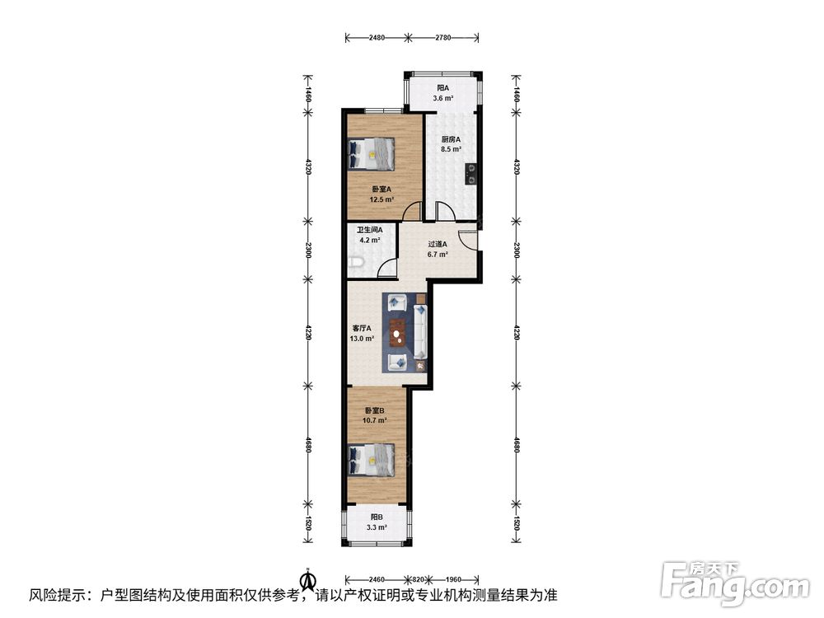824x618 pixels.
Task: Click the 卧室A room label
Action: (x=382, y=190)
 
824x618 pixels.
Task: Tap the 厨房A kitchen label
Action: (x=451, y=139)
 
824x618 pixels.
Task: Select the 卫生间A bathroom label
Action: (x=369, y=230)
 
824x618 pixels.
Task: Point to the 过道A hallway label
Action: (x=438, y=245)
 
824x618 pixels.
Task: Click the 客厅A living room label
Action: (x=362, y=329)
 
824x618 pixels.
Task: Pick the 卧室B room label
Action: (x=375, y=410)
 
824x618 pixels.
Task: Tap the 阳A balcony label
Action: (x=443, y=88)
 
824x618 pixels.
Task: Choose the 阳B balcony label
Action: (x=377, y=517)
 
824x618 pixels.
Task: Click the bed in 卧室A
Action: (x=372, y=154)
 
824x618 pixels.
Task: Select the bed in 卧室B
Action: (x=372, y=460)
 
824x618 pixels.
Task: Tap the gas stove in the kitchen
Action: (x=471, y=174)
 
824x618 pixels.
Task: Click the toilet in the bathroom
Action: (x=356, y=262)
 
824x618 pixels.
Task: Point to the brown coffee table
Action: (x=398, y=333)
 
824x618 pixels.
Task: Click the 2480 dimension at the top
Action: (x=377, y=37)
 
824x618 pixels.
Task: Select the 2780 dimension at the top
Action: (x=443, y=37)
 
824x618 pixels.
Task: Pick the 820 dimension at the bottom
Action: (x=419, y=579)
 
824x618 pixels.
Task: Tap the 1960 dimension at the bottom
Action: (x=453, y=579)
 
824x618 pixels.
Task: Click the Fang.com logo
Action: (x=735, y=583)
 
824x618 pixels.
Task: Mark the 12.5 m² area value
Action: (x=382, y=199)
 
